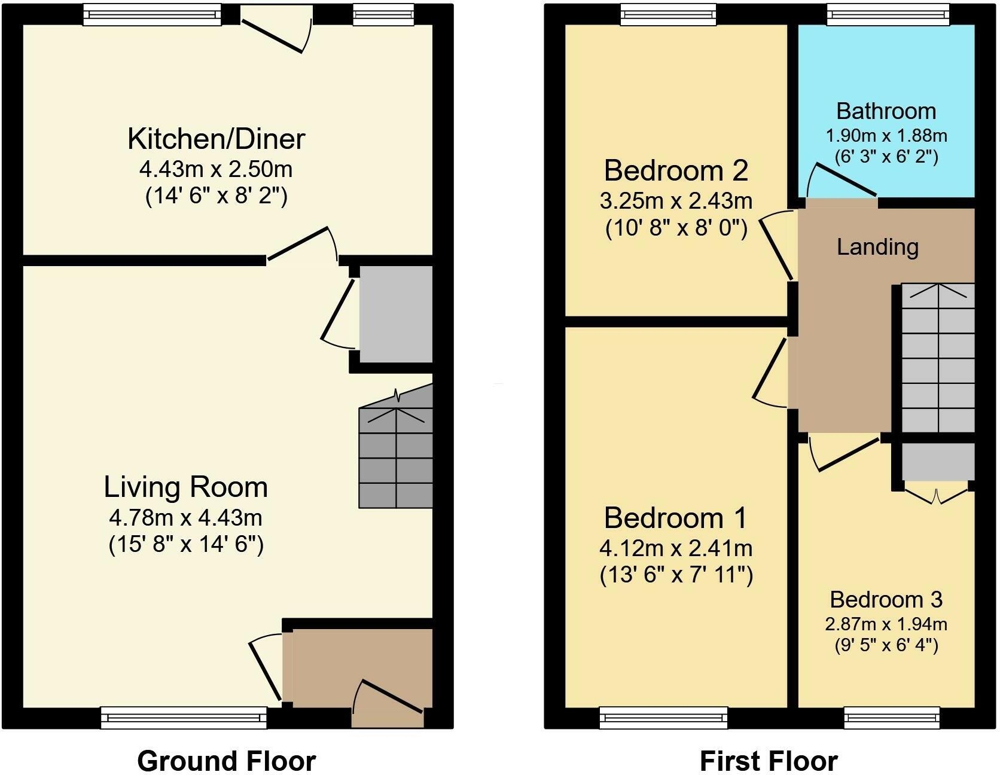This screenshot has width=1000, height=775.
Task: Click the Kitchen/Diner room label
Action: pos(216,139)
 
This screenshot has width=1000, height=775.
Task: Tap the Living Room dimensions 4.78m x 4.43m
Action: pos(185,517)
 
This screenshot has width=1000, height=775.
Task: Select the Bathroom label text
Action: pos(886,111)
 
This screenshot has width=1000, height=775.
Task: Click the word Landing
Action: pos(877,247)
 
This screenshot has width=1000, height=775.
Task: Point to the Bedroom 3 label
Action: pos(886,599)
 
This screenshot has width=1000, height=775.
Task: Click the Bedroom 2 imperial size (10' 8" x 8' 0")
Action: pos(676,229)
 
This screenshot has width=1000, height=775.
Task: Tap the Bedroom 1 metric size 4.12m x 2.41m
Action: pos(676,548)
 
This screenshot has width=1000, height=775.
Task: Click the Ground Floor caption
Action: pos(226,761)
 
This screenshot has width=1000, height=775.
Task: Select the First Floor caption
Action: pos(768,761)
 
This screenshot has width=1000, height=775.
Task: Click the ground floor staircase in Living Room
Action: pos(395,457)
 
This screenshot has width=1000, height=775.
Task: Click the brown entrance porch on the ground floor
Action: pos(359,667)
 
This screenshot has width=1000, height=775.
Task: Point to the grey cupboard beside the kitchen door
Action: pos(395,314)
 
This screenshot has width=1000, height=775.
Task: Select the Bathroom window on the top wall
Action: pos(888,16)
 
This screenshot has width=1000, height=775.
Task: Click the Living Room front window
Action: pos(184,717)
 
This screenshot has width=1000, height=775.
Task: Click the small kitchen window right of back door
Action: pos(383,16)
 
